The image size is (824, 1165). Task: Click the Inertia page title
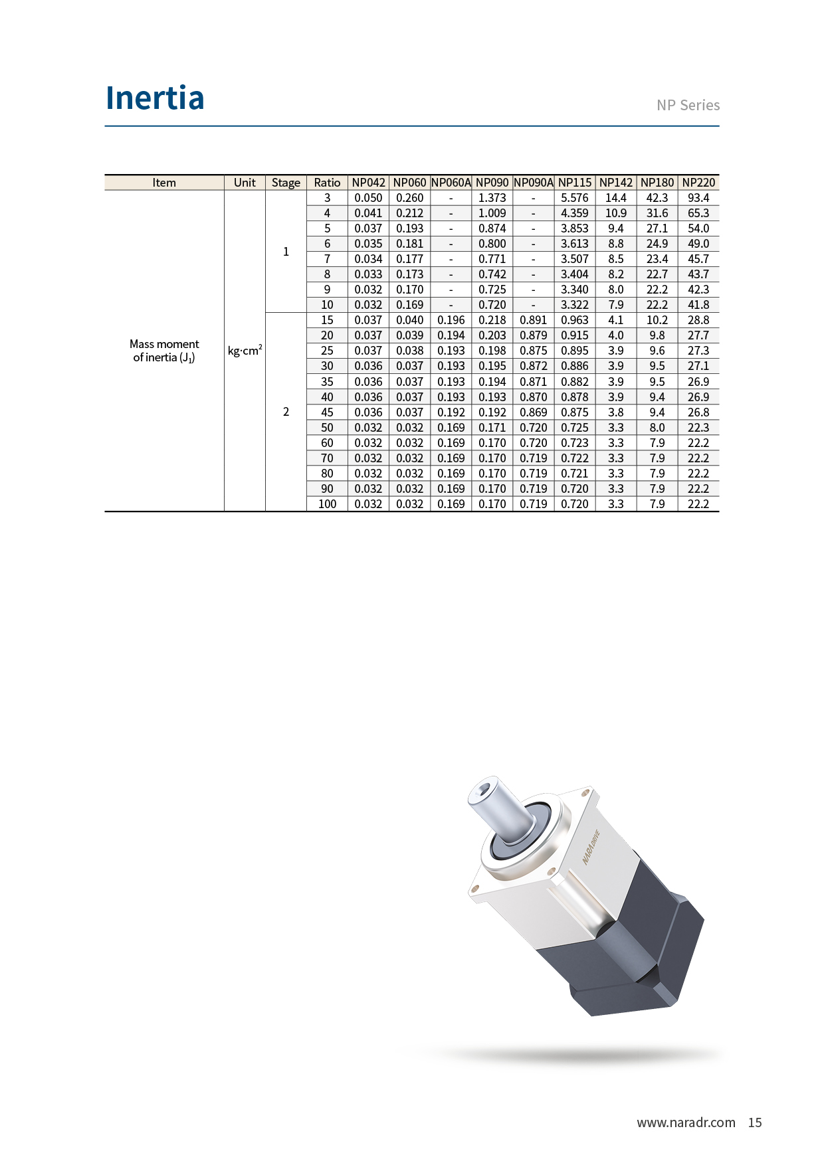click(155, 98)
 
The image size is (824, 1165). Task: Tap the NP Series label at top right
click(688, 105)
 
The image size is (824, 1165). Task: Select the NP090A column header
click(534, 183)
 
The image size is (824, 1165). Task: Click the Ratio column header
click(327, 183)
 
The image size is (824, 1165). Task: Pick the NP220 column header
click(698, 183)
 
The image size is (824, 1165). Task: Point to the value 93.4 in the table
click(698, 198)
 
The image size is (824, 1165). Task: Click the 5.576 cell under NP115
click(575, 198)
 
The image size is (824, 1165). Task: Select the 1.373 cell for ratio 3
click(492, 198)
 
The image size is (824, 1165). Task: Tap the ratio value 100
click(327, 504)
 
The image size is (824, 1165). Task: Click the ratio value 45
click(327, 412)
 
